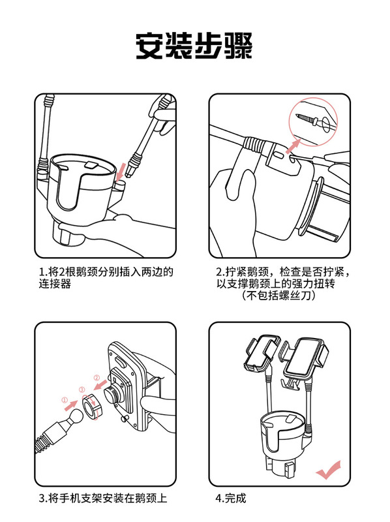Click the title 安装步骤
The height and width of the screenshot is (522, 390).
pos(194,46)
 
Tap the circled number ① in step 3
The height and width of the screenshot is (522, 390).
pos(65,400)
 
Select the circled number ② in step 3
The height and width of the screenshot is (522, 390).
pos(97,378)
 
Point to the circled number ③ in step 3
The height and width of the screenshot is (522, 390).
pos(82,390)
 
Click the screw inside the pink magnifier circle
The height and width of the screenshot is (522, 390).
pos(307,119)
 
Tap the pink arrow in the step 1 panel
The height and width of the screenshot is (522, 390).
pos(122,170)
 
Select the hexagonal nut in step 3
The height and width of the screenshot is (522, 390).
pos(92,405)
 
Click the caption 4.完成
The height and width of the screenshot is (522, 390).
pos(231,498)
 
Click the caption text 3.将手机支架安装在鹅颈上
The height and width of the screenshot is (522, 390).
pos(103,498)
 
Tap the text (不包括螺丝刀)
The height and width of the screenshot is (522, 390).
pos(278,296)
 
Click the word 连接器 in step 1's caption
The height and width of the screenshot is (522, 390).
pos(55,284)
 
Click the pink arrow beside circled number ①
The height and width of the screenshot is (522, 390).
pos(71,405)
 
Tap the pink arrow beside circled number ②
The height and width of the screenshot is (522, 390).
pos(100,384)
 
